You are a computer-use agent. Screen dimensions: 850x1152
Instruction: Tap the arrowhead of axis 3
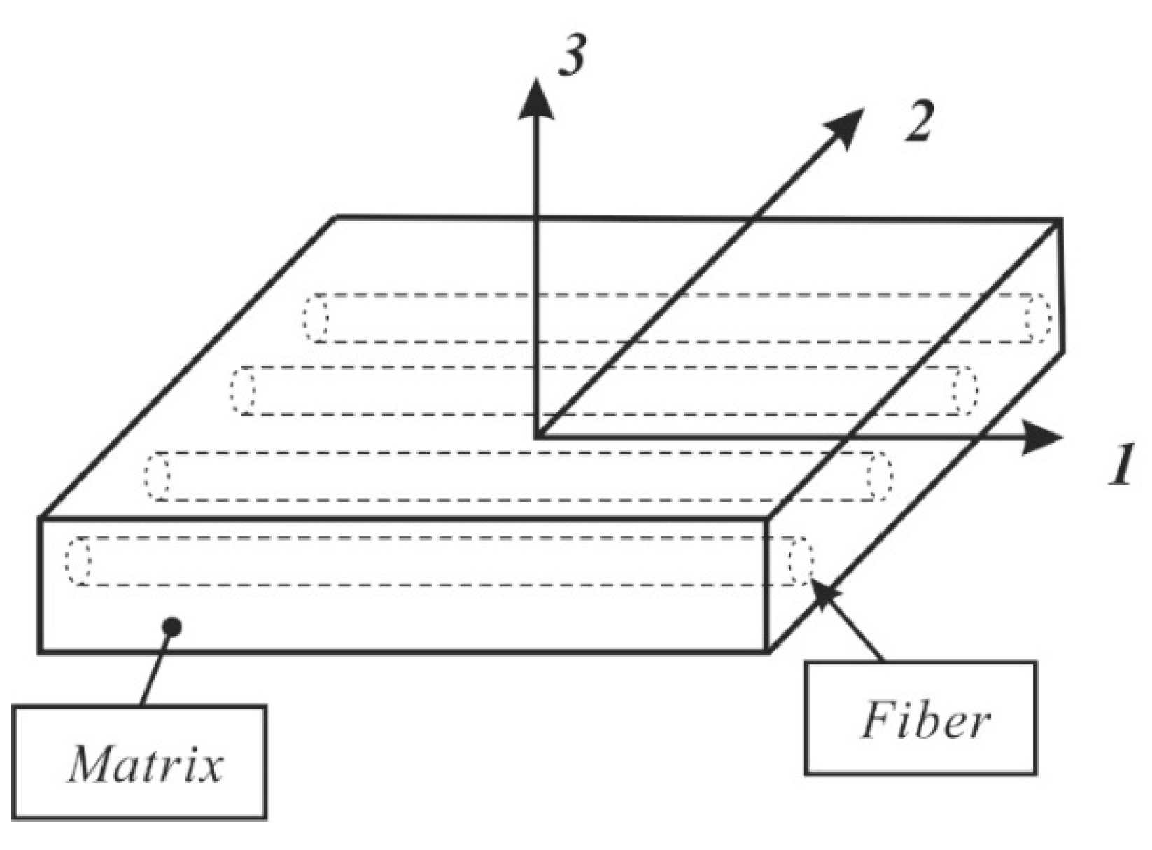coord(536,100)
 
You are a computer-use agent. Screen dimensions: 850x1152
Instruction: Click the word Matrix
coord(145,764)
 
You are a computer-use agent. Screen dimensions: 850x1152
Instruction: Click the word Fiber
coord(925,720)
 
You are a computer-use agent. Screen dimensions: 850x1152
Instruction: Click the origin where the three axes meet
coord(536,438)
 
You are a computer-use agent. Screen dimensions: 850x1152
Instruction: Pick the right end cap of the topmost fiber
coord(1039,318)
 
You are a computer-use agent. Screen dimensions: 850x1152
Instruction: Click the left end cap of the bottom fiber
coord(78,560)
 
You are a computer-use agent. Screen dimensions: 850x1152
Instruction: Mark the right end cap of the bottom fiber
coord(801,560)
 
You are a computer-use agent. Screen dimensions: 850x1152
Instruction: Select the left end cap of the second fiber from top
coord(243,390)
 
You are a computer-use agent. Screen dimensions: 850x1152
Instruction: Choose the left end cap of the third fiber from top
coord(157,476)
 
